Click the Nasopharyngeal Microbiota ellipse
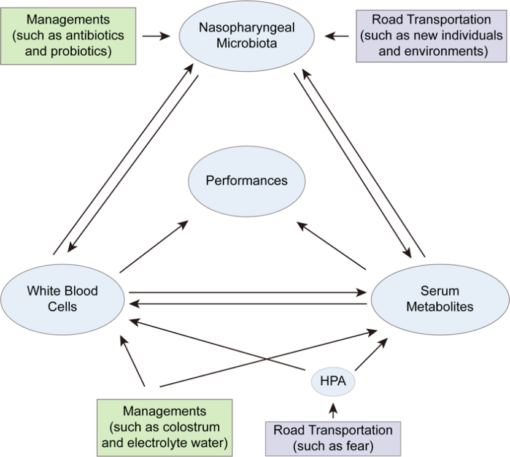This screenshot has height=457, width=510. [x=247, y=36]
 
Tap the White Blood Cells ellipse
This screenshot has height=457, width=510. [x=63, y=298]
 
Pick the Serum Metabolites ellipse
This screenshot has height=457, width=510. [x=439, y=299]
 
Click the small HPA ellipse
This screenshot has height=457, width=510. [x=333, y=382]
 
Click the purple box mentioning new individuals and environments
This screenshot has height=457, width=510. [x=433, y=36]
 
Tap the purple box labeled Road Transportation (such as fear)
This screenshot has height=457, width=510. [x=333, y=438]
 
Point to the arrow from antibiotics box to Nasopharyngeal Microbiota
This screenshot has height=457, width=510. [x=156, y=36]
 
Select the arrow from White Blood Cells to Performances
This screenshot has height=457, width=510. [x=155, y=247]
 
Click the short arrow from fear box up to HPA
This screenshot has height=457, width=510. [x=333, y=410]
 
